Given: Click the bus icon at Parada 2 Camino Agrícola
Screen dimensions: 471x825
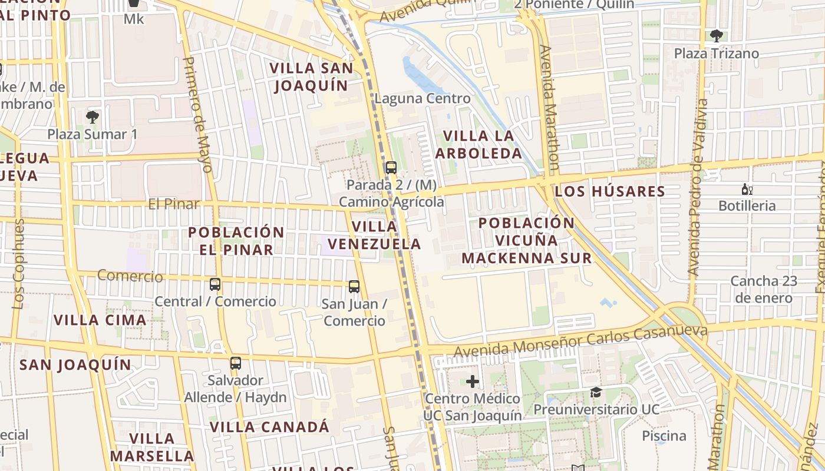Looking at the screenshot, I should coord(391,167).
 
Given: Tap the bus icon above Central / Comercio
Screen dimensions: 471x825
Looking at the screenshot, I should coord(215,284).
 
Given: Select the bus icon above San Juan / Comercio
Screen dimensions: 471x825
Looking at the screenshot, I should coord(354,287).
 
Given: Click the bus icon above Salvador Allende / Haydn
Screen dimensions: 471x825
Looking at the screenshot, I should coord(236,363).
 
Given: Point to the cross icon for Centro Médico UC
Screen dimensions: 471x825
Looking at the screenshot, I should coord(473,382).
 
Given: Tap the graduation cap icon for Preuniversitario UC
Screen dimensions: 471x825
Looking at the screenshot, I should coord(596,392).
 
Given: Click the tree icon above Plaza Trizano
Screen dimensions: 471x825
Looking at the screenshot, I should coord(717,36).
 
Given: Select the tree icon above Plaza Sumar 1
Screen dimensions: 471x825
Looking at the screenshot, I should coord(93,117).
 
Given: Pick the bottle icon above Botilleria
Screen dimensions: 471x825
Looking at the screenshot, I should coord(747,189).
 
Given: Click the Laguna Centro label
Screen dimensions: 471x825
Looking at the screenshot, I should coord(423,98).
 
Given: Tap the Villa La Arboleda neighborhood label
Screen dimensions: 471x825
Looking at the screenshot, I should coord(478,144).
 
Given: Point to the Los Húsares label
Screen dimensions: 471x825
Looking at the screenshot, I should coord(610,191).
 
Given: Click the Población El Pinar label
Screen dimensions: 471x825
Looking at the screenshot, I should coord(236,240).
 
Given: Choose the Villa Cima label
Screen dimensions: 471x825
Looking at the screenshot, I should coord(100,320).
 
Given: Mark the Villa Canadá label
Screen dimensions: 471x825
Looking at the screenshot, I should coord(269,427).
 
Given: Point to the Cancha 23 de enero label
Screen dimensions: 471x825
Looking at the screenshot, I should coord(764,289).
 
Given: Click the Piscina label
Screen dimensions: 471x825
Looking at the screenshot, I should coord(664,436).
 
